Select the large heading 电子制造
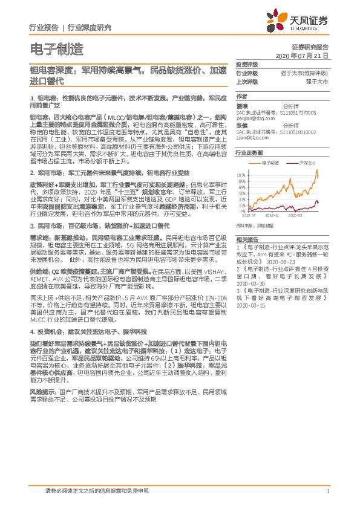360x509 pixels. point(56,48)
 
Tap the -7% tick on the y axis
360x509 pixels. point(243,211)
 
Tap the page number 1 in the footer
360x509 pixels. point(327,491)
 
